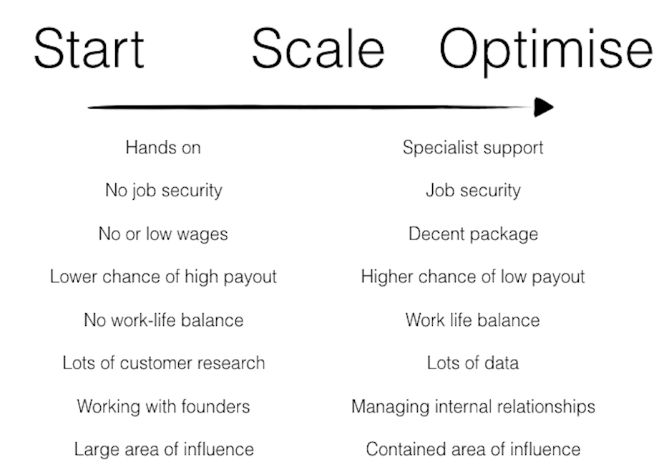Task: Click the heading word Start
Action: click(x=89, y=49)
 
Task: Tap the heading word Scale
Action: click(x=318, y=49)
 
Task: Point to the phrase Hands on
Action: click(x=163, y=148)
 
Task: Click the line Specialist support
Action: click(x=473, y=148)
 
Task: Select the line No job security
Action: click(x=163, y=191)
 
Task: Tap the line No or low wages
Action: click(x=163, y=234)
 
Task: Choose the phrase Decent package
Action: click(x=473, y=234)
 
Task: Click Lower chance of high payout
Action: click(x=163, y=277)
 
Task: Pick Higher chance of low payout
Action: click(x=473, y=277)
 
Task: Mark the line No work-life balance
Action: click(x=163, y=320)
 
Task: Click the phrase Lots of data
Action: click(x=473, y=363)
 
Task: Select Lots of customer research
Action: click(x=163, y=363)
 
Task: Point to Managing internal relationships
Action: click(x=473, y=407)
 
